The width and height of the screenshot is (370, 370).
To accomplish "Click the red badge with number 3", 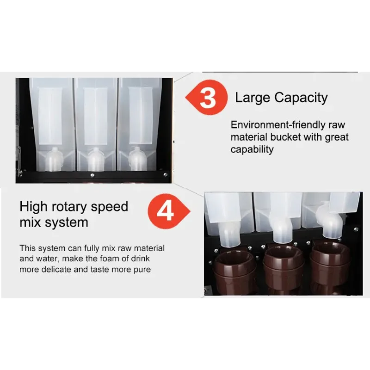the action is (207, 98).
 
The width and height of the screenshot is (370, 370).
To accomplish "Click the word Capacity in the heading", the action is (301, 98).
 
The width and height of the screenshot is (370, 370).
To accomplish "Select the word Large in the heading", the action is (253, 98).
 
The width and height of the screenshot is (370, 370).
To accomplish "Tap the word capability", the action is (252, 149).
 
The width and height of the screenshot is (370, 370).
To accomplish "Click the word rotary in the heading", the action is (69, 207).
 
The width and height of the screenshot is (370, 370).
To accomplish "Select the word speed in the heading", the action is (110, 207).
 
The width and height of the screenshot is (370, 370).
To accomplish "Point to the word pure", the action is (142, 270).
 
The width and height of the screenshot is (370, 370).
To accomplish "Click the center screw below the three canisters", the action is (92, 175).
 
